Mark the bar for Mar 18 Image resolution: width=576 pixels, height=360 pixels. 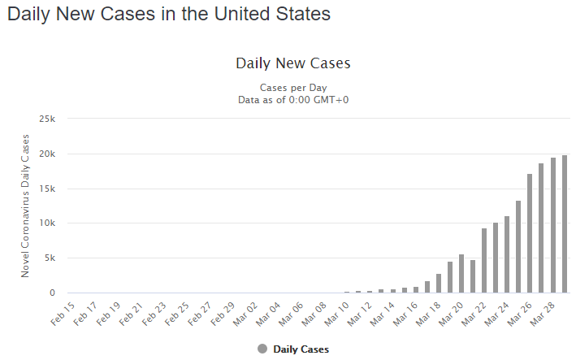point(439,284)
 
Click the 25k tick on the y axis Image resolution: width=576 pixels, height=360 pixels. point(47,119)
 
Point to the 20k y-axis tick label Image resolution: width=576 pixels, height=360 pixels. point(47,154)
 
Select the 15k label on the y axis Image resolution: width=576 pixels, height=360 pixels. point(47,189)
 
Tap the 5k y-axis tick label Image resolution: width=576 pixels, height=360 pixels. point(50,258)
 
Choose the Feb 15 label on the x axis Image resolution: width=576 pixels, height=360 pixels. point(63,311)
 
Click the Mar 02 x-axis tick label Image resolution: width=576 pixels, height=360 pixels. point(245,311)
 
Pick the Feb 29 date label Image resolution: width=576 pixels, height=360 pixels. point(223,311)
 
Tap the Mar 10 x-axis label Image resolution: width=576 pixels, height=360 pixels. point(336,311)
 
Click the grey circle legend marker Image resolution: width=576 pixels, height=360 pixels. point(262,349)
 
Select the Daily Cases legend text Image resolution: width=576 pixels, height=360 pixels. point(301,349)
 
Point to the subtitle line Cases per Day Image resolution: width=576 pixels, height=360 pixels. point(292,88)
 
